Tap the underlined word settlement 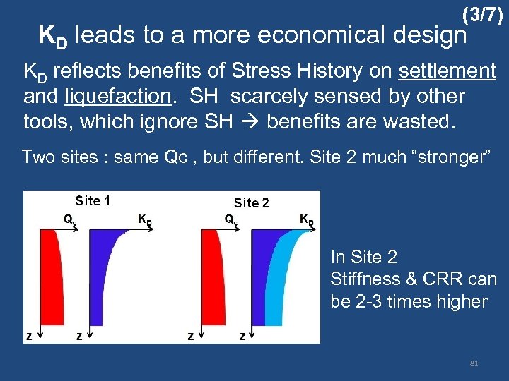(447, 71)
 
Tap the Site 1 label (92, 200)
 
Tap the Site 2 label (251, 202)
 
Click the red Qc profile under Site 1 (52, 275)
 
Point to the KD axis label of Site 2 (307, 219)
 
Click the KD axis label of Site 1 (144, 219)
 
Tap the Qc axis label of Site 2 (230, 219)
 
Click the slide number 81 (474, 363)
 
